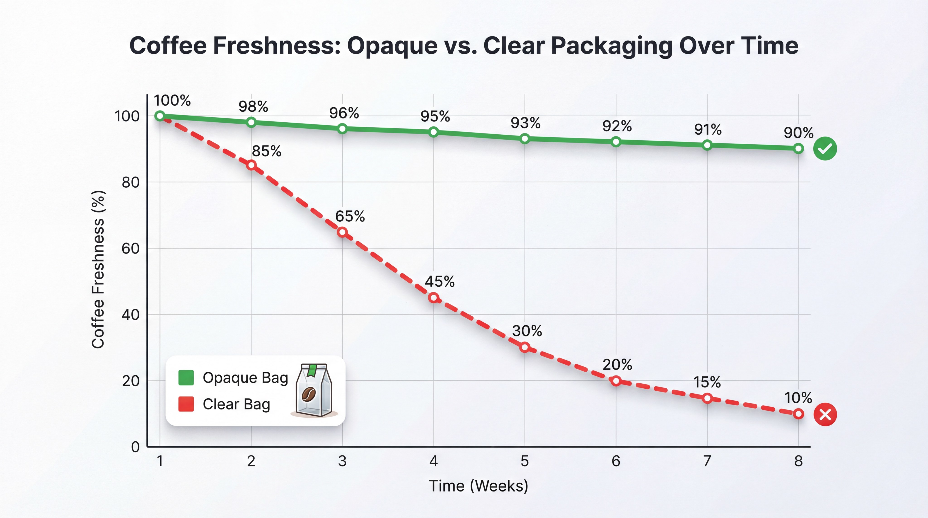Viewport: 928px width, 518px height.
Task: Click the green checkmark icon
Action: (825, 148)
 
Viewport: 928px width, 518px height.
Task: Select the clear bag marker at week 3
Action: (342, 232)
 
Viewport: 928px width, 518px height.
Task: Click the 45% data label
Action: (440, 281)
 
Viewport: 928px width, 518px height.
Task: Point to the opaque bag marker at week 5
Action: (525, 139)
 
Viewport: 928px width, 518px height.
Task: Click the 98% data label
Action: (253, 107)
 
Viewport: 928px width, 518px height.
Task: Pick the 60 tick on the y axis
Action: (130, 249)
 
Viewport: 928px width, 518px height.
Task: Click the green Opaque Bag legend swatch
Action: (186, 378)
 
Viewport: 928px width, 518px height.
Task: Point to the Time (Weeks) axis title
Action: (478, 486)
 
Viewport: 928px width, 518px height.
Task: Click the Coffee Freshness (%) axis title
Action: (98, 269)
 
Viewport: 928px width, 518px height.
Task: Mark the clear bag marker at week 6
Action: (616, 381)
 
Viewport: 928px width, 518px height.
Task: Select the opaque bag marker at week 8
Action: (798, 148)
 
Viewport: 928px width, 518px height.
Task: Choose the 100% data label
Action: (172, 101)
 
